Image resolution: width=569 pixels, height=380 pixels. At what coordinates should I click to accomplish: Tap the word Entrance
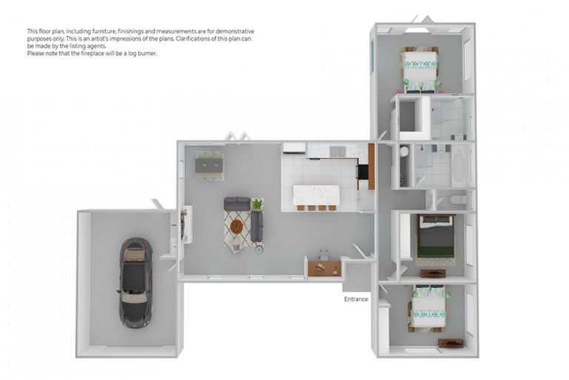[x=356, y=300]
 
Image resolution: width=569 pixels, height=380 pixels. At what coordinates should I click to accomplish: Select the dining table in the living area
[x=209, y=162]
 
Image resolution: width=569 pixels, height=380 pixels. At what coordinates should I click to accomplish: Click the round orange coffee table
[x=236, y=226]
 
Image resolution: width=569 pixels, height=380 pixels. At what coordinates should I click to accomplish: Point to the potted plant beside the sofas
[x=257, y=204]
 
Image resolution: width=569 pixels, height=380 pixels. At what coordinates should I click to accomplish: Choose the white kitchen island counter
[x=316, y=195]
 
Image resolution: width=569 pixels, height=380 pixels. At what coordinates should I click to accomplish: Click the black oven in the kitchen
[x=362, y=172]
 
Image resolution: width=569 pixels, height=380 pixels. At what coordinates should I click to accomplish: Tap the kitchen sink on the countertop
[x=336, y=152]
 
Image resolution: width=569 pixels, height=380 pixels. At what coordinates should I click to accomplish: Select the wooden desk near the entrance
[x=323, y=267]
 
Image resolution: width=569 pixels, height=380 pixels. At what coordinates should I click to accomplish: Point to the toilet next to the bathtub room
[x=458, y=200]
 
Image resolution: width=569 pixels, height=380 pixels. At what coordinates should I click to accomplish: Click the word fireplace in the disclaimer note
[x=102, y=53]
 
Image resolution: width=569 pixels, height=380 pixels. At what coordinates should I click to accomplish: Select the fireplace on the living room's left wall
[x=186, y=223]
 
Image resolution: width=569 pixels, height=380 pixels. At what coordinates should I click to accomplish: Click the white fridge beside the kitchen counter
[x=293, y=148]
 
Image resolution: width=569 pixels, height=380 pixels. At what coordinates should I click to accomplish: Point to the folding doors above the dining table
[x=236, y=137]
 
